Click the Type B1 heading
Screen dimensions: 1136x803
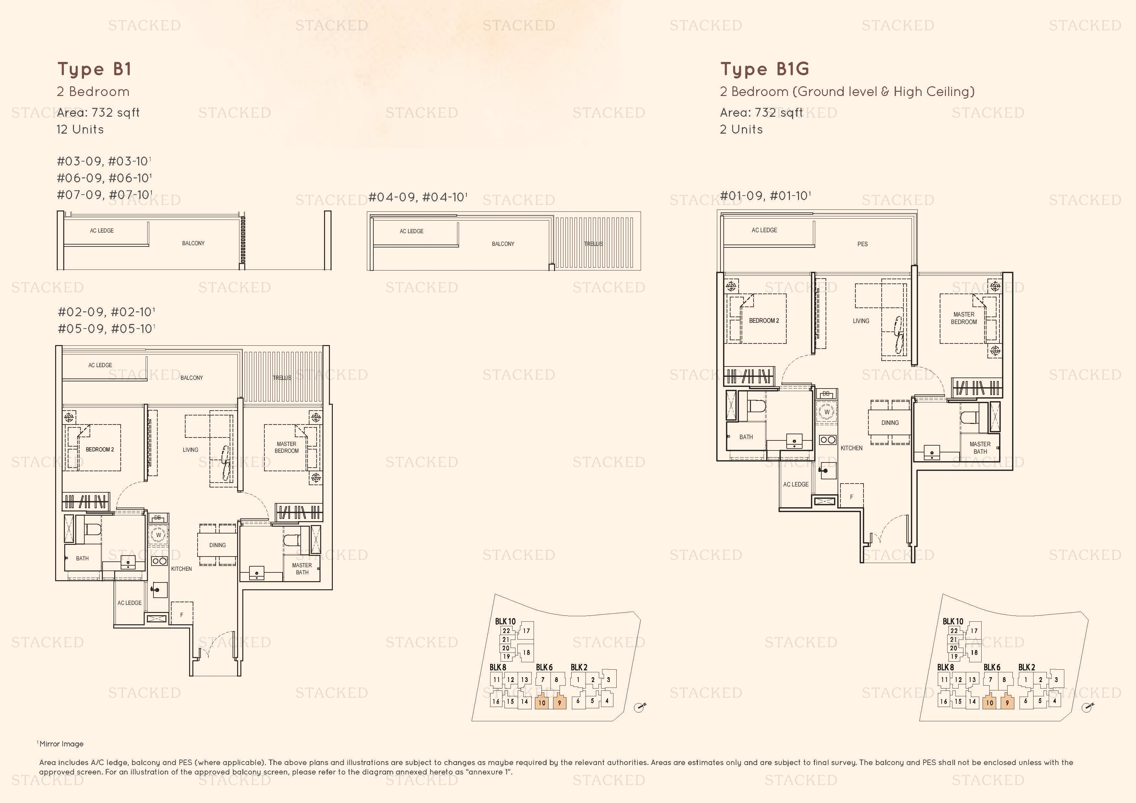click(x=94, y=69)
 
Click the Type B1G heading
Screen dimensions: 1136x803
click(x=765, y=69)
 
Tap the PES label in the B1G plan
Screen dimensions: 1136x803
click(x=863, y=244)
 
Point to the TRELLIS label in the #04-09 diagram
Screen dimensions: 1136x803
click(x=593, y=244)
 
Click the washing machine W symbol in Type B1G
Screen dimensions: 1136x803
click(x=826, y=412)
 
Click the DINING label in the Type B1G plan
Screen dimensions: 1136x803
click(x=889, y=423)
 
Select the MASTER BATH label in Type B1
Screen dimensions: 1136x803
click(x=302, y=569)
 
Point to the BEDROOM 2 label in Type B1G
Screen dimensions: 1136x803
click(x=764, y=321)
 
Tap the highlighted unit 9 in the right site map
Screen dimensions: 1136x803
click(x=1007, y=702)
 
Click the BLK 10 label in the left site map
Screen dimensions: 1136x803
click(x=505, y=621)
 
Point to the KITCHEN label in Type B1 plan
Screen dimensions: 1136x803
click(x=182, y=569)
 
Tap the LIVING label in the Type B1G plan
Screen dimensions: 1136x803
click(x=861, y=321)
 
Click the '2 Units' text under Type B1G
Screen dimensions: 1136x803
click(x=741, y=130)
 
